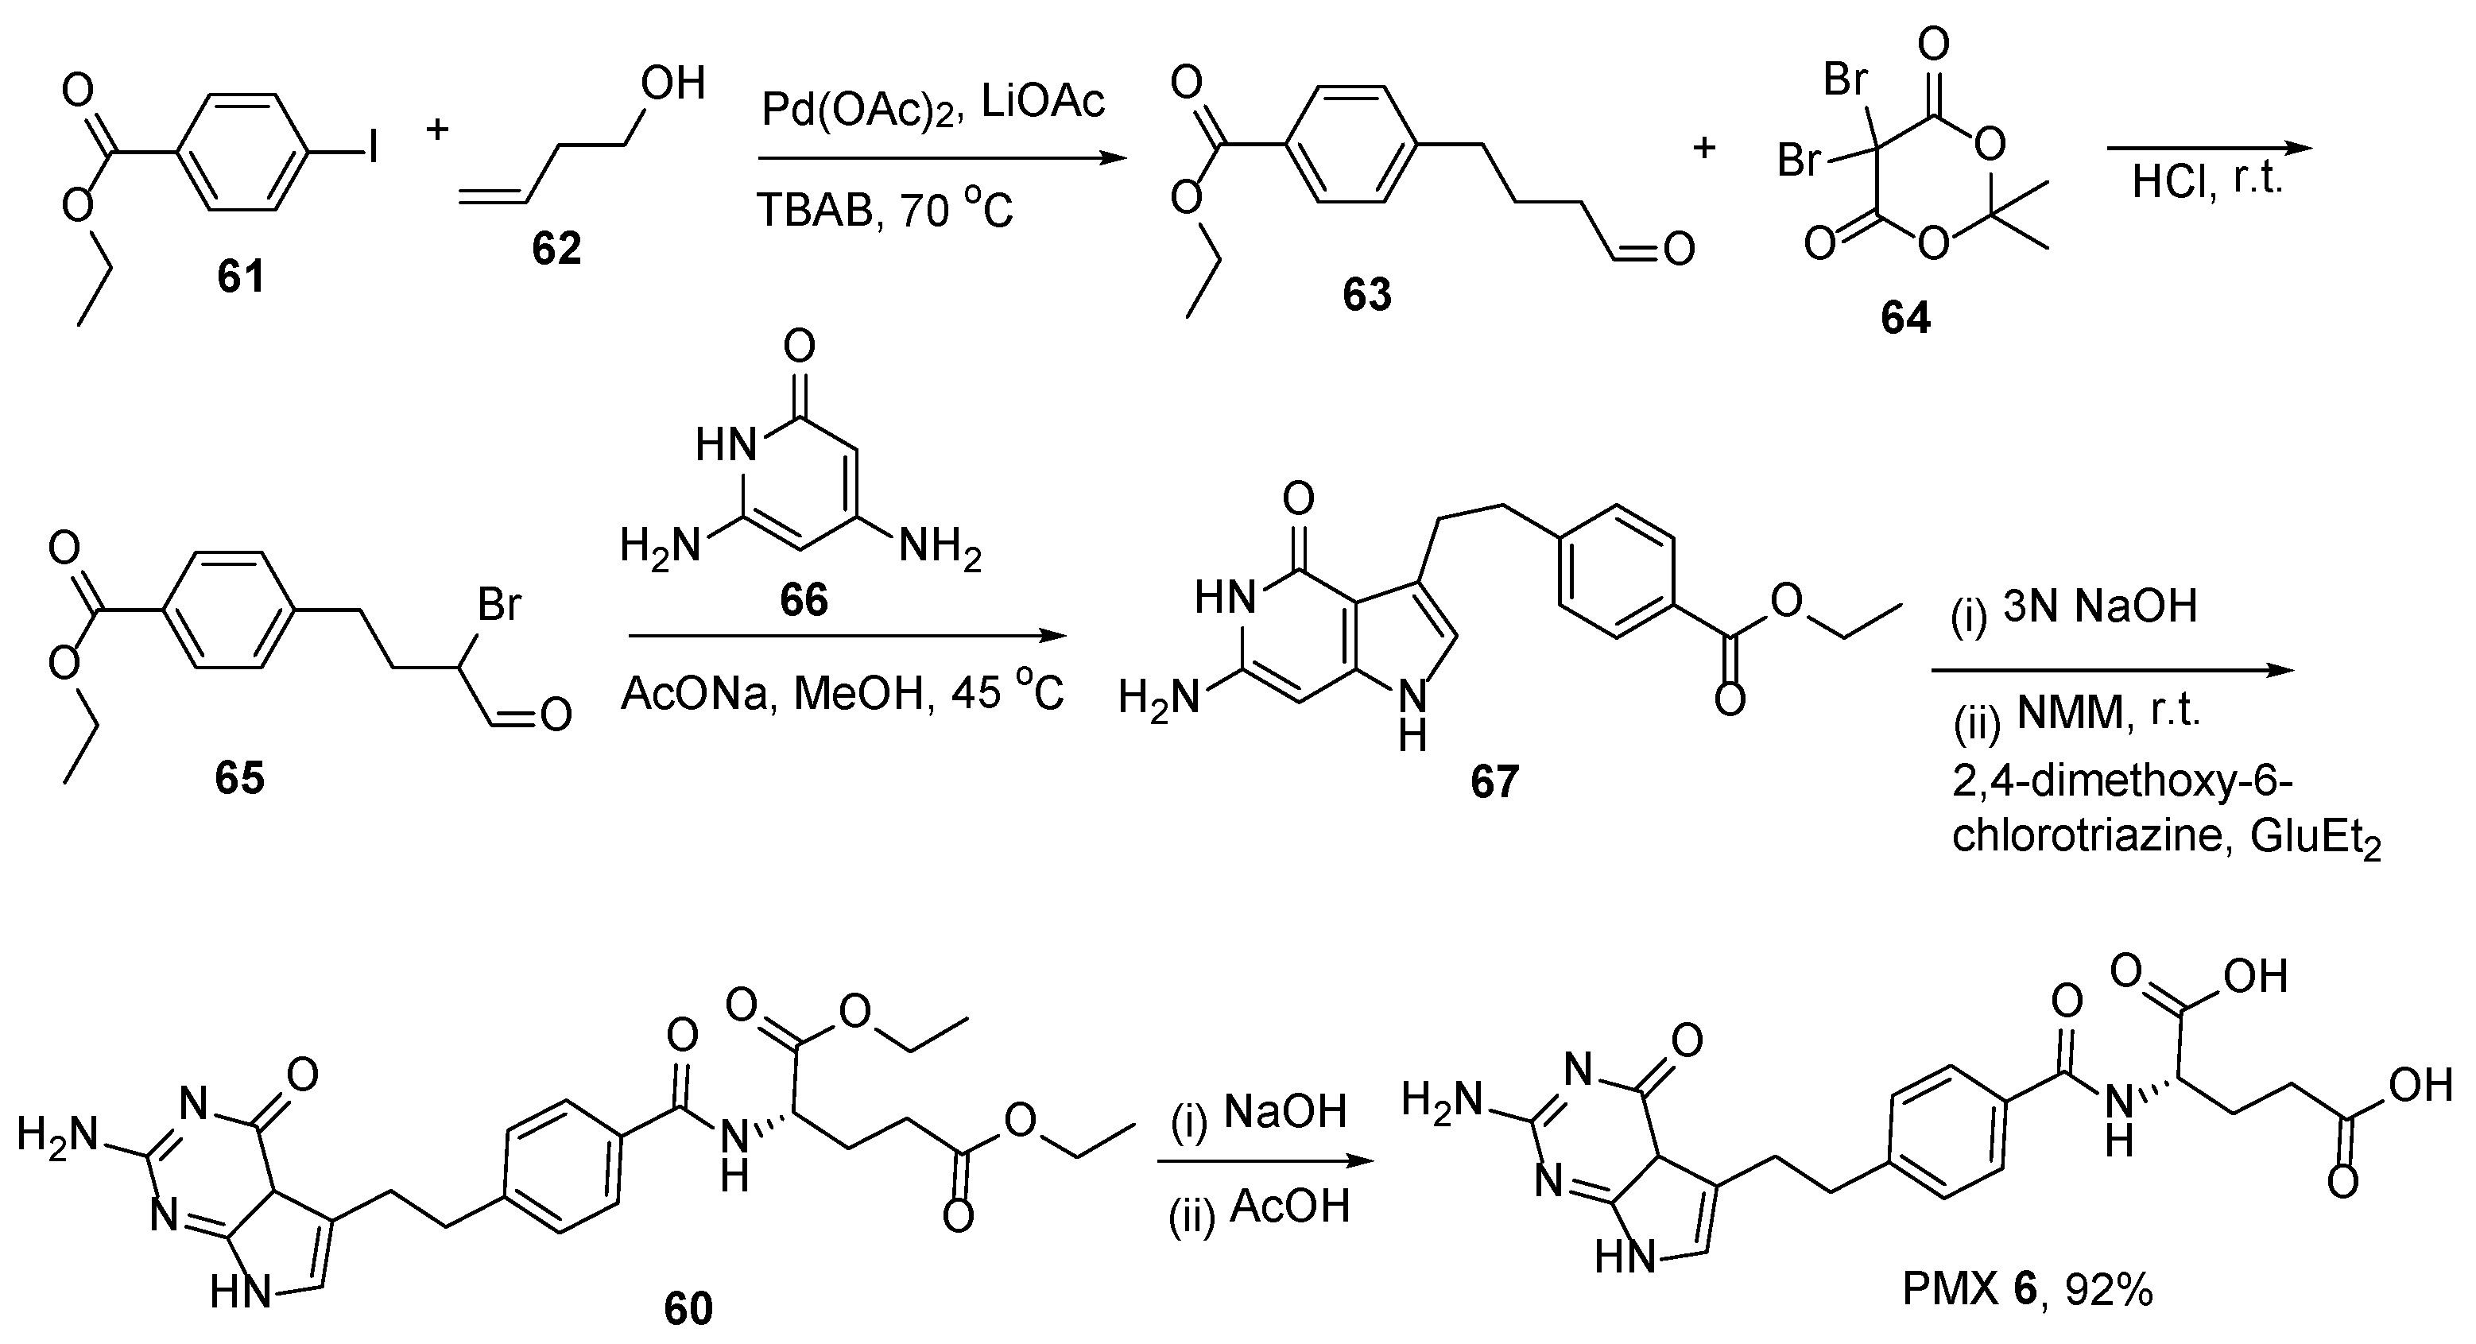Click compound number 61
[240, 277]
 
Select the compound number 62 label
[556, 249]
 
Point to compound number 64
[1905, 317]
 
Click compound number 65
[239, 777]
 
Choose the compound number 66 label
[804, 600]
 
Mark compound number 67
[1494, 781]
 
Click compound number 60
[688, 1308]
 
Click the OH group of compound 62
[672, 84]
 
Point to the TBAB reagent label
[814, 211]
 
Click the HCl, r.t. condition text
[2207, 180]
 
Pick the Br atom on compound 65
[499, 605]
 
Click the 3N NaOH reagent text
[2100, 606]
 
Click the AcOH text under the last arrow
[1289, 1207]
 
